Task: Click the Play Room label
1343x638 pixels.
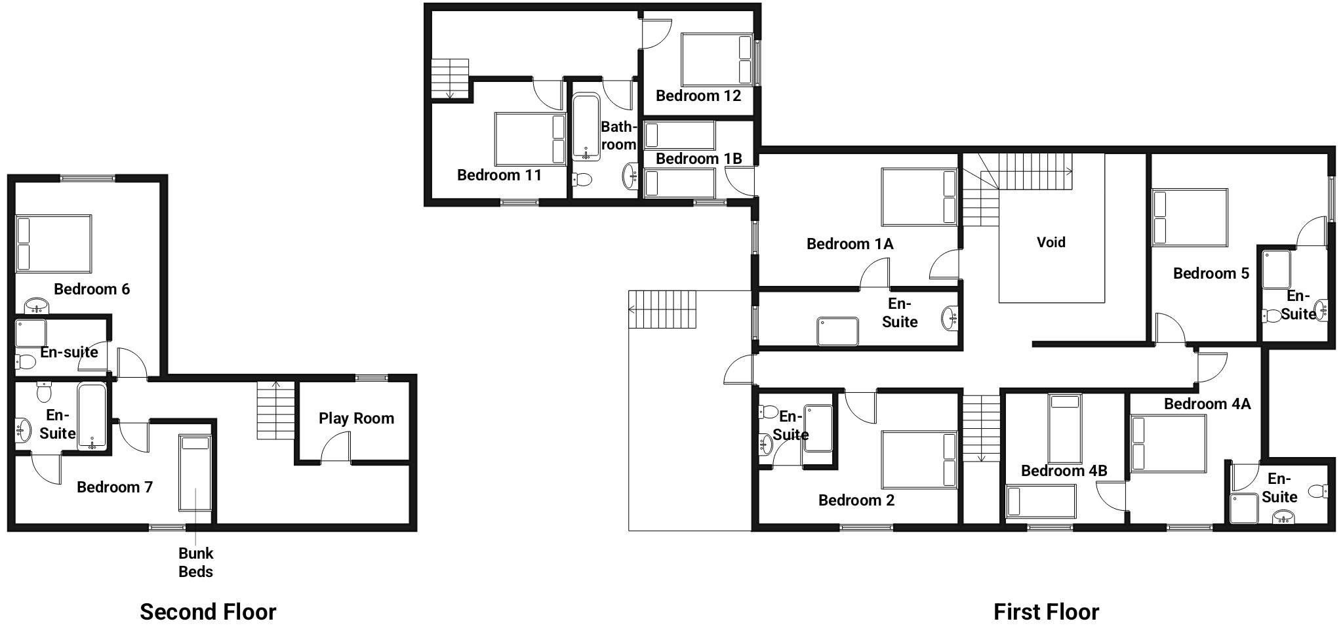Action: point(356,418)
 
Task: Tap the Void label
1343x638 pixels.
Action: point(1051,242)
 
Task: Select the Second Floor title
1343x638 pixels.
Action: point(208,612)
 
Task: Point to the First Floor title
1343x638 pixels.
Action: point(1046,612)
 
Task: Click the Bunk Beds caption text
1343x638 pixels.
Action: point(195,562)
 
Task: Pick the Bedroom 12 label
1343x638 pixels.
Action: point(698,96)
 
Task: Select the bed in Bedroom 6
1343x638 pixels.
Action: point(54,243)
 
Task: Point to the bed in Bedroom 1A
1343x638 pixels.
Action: point(919,197)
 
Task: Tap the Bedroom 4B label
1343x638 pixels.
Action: point(1064,471)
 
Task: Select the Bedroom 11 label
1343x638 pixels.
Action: point(499,175)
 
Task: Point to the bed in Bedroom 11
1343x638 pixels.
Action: point(531,139)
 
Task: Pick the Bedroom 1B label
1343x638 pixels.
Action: point(699,159)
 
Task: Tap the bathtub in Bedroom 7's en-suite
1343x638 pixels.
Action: point(92,417)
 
